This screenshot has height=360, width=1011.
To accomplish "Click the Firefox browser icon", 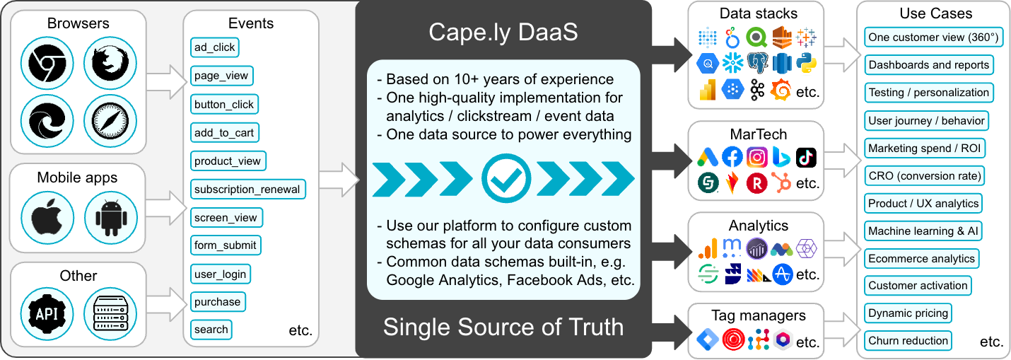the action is click(110, 63).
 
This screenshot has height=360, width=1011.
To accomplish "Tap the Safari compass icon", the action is click(110, 121).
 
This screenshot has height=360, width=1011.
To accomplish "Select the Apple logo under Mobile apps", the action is click(47, 218).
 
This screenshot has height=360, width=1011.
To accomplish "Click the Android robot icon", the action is click(110, 218).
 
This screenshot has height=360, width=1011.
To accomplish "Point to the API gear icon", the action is click(47, 313).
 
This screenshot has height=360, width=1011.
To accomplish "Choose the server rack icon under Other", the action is click(110, 313).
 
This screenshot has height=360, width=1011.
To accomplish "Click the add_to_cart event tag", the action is click(224, 133).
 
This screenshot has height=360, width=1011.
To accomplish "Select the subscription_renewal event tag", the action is click(247, 190).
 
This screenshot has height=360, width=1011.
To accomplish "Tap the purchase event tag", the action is click(218, 302).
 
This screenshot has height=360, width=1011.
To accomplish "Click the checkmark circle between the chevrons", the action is click(506, 178).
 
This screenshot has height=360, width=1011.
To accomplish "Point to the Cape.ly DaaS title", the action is click(503, 33).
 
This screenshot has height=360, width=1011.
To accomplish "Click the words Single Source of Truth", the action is click(503, 327).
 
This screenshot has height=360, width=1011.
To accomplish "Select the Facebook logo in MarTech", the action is click(732, 157).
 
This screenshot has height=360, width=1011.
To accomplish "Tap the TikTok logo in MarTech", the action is click(806, 157).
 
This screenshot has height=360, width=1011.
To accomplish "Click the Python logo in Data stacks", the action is click(806, 63).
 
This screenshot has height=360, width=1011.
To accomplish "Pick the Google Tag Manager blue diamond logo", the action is click(707, 339).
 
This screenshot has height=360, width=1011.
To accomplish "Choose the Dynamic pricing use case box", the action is click(908, 313).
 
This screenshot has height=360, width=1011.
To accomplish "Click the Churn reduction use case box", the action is click(908, 341).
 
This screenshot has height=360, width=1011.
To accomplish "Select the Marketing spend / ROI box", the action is click(924, 148).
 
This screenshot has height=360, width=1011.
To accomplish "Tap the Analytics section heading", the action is click(758, 226).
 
